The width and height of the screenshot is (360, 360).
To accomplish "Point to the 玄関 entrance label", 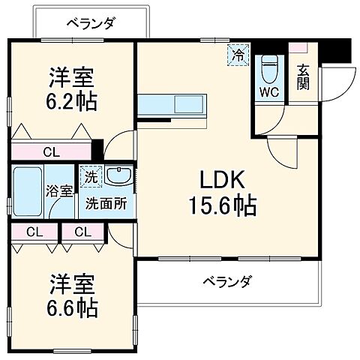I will point(303,77).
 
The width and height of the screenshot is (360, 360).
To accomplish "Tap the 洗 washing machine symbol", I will point(90,178).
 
